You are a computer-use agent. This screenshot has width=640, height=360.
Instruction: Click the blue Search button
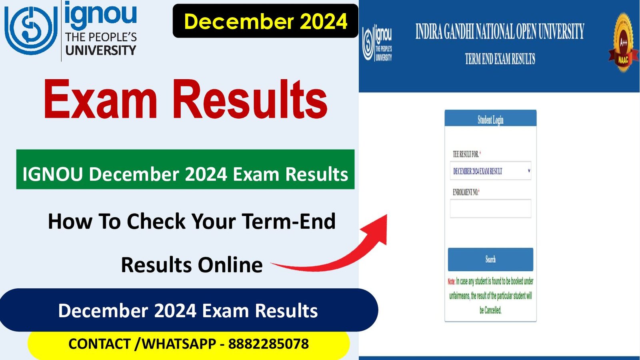click(x=490, y=260)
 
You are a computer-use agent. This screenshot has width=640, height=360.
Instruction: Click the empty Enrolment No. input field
click(x=490, y=208)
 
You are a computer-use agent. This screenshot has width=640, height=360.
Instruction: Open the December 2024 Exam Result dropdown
click(x=490, y=171)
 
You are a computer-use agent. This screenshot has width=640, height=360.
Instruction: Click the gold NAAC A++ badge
click(x=623, y=42)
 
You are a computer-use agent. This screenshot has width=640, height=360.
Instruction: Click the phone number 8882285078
click(x=268, y=344)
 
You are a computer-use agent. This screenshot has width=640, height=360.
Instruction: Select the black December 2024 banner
click(x=266, y=21)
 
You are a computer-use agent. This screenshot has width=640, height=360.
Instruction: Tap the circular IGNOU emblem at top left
click(x=31, y=30)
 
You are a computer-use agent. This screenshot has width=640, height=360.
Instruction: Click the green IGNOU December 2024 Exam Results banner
click(x=185, y=169)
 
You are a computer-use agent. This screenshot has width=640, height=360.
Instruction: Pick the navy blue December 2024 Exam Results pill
click(x=188, y=310)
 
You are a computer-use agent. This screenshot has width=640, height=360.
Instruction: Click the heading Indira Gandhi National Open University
click(x=500, y=32)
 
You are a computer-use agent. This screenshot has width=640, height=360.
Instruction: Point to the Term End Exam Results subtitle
click(x=500, y=59)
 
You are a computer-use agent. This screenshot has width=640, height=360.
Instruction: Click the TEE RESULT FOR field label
click(x=466, y=154)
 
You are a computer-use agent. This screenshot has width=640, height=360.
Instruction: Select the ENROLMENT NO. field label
click(x=466, y=192)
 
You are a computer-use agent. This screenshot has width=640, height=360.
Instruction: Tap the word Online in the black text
click(x=230, y=265)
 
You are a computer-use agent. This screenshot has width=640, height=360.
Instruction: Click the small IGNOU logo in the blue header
click(x=377, y=43)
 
